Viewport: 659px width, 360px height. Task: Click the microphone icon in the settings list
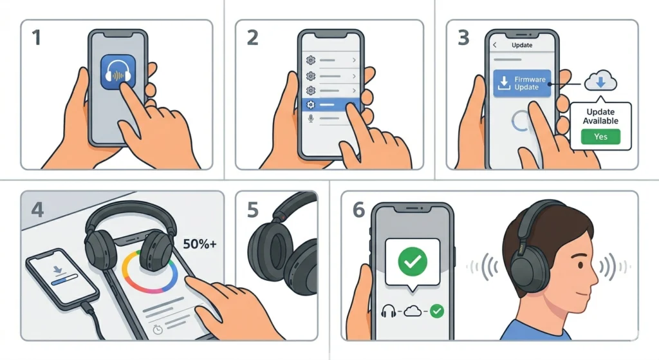[x=311, y=118]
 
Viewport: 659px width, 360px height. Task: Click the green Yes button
[x=600, y=136]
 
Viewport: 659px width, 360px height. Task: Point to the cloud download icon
[x=600, y=82]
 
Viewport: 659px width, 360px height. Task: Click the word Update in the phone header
[x=521, y=46]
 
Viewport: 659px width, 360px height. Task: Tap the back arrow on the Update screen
[x=496, y=46]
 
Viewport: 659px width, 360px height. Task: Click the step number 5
[x=252, y=209]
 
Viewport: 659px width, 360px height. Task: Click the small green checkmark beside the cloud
[x=438, y=311]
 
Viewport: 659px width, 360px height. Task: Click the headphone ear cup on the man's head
[x=527, y=260]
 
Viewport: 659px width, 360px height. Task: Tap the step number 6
[x=358, y=209]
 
